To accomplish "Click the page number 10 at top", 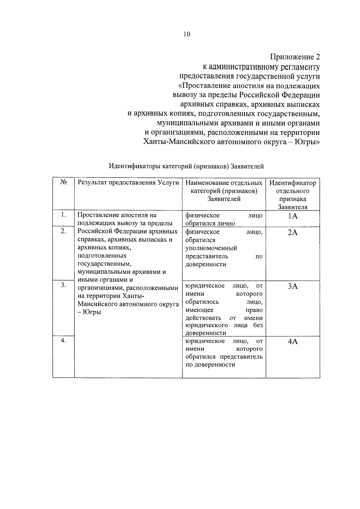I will [x=187, y=34].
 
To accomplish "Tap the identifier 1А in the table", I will [x=292, y=216].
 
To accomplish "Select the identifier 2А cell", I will [x=292, y=233].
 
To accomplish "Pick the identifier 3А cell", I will [x=292, y=286].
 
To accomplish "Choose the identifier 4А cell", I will [x=292, y=342].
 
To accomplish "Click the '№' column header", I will [x=63, y=182].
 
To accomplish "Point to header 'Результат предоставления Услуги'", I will [x=128, y=183].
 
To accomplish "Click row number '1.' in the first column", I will [x=63, y=215].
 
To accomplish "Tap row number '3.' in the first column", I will [x=63, y=285].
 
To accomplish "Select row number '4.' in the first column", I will [x=63, y=340].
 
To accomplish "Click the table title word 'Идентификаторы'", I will [x=135, y=166].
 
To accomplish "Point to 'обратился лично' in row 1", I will [x=210, y=223].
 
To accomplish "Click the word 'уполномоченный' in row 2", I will [x=211, y=248].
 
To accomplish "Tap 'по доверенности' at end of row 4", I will [x=210, y=365].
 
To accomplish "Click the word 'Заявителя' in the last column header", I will [x=292, y=207].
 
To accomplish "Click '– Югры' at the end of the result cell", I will [x=89, y=312].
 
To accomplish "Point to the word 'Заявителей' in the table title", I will [x=247, y=166].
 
